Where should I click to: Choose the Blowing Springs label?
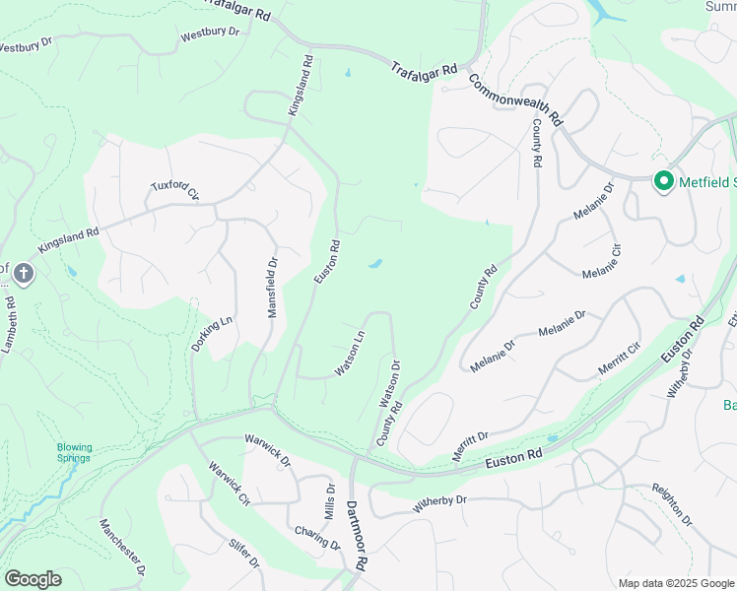(74, 452)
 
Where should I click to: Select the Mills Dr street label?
(330, 502)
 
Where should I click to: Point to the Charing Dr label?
(316, 538)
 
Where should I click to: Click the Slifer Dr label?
(243, 554)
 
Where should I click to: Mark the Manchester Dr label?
(123, 548)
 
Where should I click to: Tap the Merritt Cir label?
(619, 360)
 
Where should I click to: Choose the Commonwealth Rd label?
(514, 99)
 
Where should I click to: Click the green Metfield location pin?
(664, 181)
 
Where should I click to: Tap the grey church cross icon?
(24, 273)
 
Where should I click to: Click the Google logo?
(33, 579)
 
